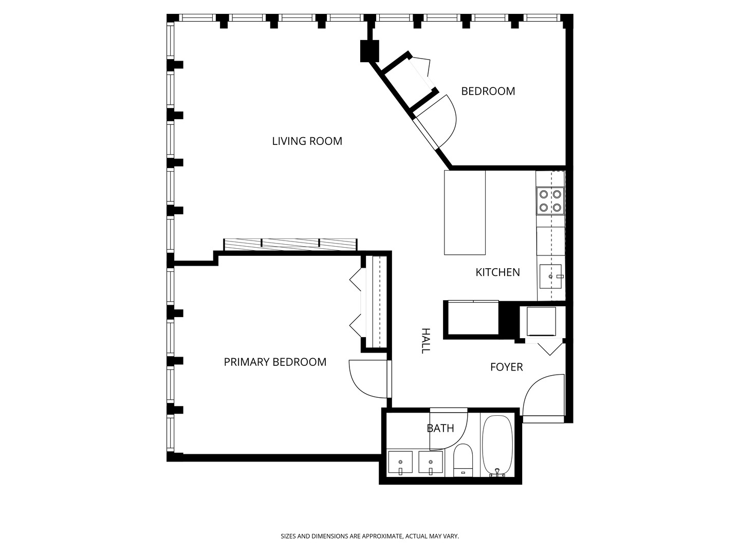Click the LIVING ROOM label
coord(307,141)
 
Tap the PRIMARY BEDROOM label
coord(275,362)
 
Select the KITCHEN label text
coord(497,272)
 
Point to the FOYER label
coord(506,367)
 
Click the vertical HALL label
coord(425,341)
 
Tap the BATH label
coord(440,428)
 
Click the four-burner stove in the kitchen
coord(550,201)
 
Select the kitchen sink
coord(550,276)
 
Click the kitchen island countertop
coord(465,212)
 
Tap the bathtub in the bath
coord(497,445)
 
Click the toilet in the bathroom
coord(462,459)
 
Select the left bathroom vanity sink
coord(400,463)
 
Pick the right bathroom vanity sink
coord(431,463)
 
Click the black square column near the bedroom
coord(369,51)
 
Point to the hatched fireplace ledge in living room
coord(290,245)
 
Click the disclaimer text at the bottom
coord(369,536)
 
